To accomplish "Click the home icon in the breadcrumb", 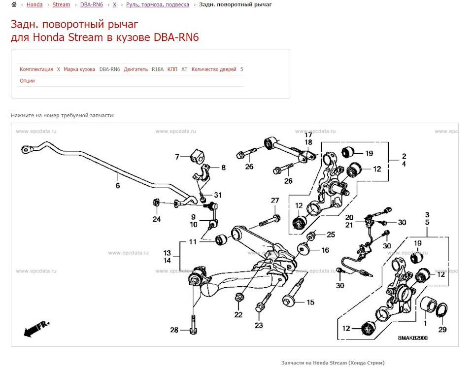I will (14, 4).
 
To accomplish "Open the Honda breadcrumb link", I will (34, 4).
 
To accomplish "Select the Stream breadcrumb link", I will (61, 4).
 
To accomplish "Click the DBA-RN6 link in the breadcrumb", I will (92, 4).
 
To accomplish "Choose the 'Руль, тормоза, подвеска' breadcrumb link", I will (157, 4).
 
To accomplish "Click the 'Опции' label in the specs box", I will (27, 80).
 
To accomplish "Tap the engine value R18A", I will (157, 69).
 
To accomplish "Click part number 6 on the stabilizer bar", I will (118, 186).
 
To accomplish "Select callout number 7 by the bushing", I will (177, 157).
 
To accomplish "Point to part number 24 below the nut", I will (156, 219).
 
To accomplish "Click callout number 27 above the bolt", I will (274, 201).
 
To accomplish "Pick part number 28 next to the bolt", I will (174, 330).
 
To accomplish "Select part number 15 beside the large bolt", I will (310, 302).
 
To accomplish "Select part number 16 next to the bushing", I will (325, 250).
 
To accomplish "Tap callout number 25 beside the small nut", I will (331, 234).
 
